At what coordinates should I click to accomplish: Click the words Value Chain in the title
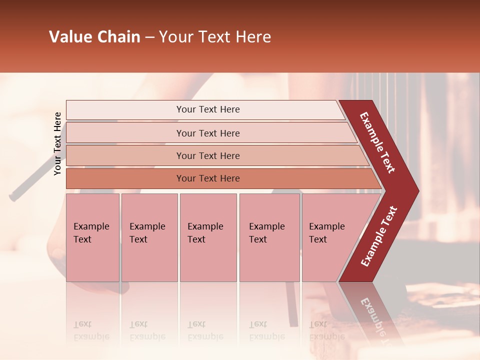94,37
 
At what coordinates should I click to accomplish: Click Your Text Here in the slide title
215,37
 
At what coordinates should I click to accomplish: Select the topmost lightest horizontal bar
125,110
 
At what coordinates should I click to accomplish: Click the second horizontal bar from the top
125,133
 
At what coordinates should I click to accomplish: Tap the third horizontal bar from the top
125,155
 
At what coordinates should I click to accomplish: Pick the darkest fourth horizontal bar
125,178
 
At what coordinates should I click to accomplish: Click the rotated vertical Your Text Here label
57,143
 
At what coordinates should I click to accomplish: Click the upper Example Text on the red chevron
377,142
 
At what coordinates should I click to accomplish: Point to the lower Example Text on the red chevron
379,236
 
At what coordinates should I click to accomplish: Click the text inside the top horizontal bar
208,109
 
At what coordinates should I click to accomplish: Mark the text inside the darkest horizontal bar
208,178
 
